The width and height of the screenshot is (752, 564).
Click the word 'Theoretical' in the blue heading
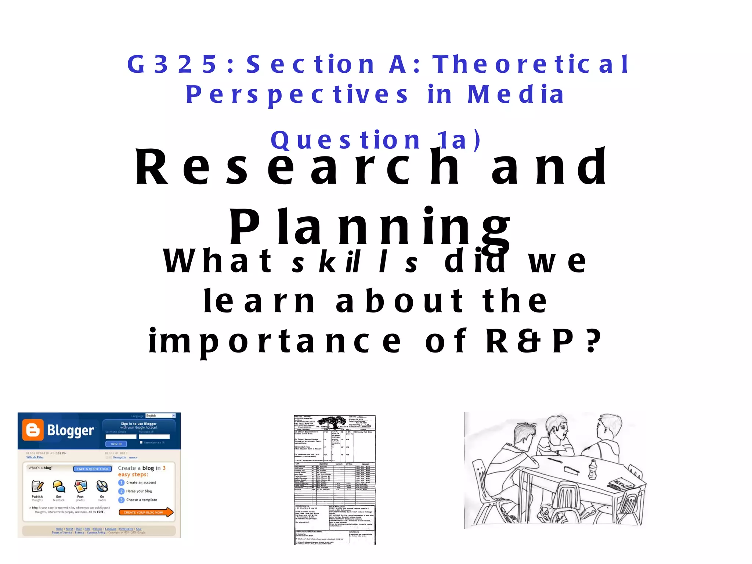click(x=531, y=64)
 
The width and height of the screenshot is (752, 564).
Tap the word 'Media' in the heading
click(x=516, y=95)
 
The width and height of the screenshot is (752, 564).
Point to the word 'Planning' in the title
click(x=369, y=227)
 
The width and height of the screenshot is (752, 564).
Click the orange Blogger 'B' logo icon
click(x=33, y=430)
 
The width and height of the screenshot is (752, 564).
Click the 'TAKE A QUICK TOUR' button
click(x=93, y=469)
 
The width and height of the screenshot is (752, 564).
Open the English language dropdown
click(x=160, y=416)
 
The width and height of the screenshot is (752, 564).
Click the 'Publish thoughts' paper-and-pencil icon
click(x=37, y=486)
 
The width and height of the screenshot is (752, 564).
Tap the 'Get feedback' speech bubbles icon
click(x=59, y=486)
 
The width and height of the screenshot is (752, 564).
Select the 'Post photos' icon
click(x=80, y=486)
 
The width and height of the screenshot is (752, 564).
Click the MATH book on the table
click(x=621, y=483)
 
